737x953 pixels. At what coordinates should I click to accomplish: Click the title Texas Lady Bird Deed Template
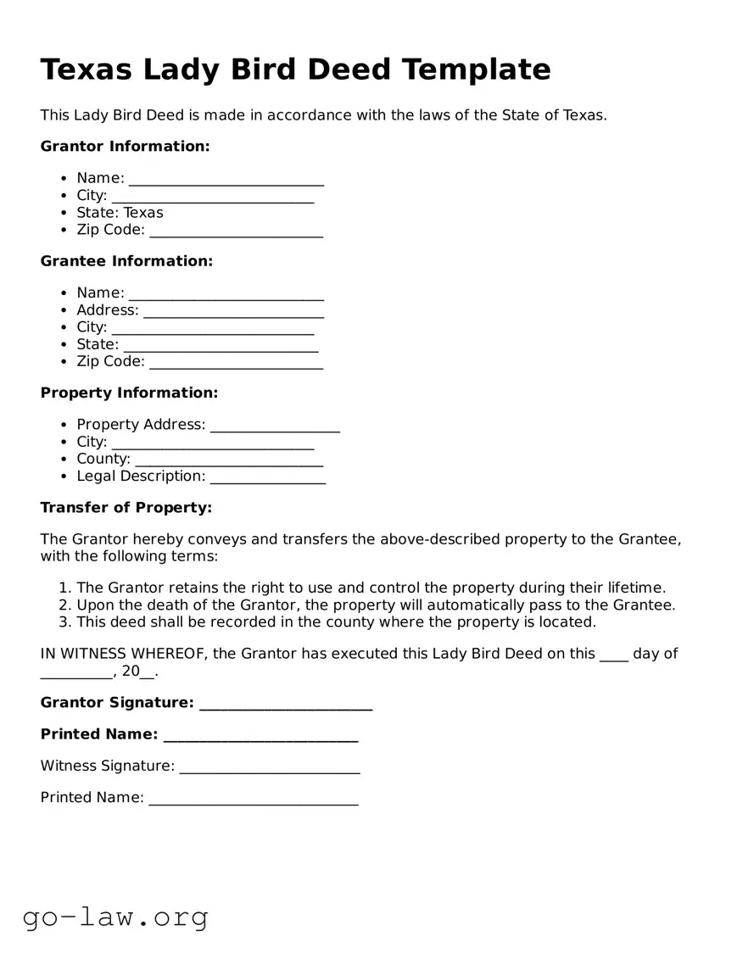295,70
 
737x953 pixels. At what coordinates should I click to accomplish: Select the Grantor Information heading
125,147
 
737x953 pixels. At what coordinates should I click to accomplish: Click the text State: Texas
120,213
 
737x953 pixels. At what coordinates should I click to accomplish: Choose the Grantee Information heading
126,261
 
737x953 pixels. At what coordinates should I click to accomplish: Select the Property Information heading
129,393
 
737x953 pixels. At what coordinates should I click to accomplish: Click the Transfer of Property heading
126,508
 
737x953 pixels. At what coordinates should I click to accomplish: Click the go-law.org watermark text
115,917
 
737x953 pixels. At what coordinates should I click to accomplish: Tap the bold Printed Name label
99,734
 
